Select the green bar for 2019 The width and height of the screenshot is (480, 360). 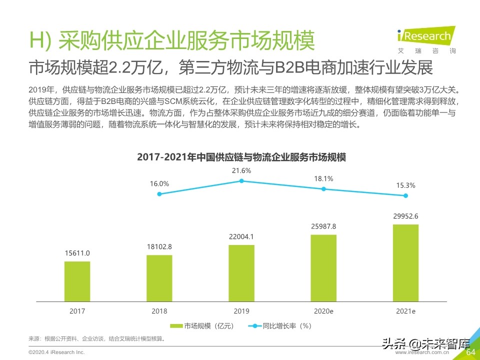pyautogui.click(x=241, y=273)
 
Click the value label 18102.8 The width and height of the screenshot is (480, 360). pyautogui.click(x=159, y=246)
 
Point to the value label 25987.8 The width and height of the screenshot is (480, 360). pyautogui.click(x=323, y=226)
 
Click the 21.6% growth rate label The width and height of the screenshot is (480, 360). pyautogui.click(x=241, y=170)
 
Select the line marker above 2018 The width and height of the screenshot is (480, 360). pyautogui.click(x=159, y=194)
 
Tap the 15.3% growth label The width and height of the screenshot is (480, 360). pyautogui.click(x=405, y=185)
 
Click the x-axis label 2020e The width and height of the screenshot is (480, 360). pyautogui.click(x=323, y=311)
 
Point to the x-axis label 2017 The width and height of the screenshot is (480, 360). pyautogui.click(x=77, y=311)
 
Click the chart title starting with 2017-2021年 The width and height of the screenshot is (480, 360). pyautogui.click(x=241, y=157)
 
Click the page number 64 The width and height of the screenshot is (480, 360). pyautogui.click(x=470, y=352)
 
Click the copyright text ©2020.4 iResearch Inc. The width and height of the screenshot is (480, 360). pyautogui.click(x=56, y=352)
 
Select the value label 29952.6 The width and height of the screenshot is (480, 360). pyautogui.click(x=405, y=216)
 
